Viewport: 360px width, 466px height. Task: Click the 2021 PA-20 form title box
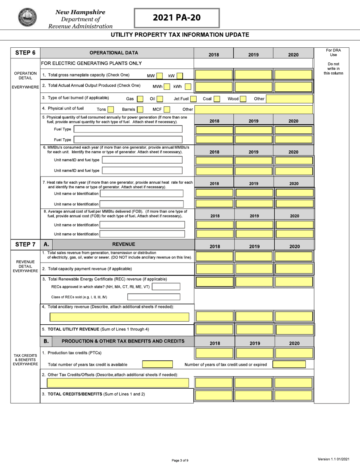coord(177,18)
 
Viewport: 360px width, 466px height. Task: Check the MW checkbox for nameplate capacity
coord(160,75)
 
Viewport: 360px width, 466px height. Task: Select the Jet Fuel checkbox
coord(193,99)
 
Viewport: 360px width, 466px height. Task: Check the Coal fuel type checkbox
coord(216,99)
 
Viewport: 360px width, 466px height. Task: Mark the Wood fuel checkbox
coord(243,99)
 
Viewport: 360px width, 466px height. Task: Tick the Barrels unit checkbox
coord(140,110)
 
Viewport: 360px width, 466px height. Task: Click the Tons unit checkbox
coord(111,110)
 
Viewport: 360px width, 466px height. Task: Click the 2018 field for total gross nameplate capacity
coord(214,74)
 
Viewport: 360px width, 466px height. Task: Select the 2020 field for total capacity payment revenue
coord(294,269)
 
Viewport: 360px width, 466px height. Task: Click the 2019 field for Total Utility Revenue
coord(254,330)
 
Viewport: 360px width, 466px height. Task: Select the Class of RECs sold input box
coord(153,297)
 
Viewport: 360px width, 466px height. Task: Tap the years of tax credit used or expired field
coord(289,364)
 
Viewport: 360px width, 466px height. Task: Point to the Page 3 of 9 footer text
coord(180,460)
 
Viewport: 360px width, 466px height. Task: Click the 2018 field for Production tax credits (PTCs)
coord(214,353)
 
